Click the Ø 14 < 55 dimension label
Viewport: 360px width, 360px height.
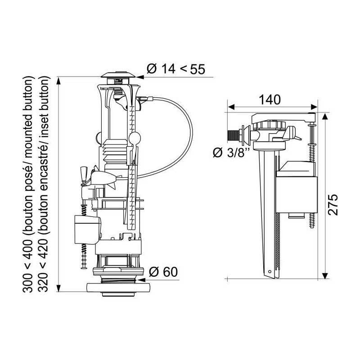point(175,69)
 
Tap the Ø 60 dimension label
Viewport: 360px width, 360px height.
point(163,272)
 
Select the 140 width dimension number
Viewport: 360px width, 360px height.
point(270,100)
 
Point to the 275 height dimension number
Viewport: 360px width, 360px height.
point(333,205)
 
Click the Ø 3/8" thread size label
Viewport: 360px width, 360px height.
point(231,153)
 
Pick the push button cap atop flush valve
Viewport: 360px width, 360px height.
point(118,75)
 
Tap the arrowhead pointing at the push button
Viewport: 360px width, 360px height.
point(140,77)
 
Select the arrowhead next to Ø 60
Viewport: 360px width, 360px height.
point(142,280)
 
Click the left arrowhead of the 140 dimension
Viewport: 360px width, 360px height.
point(231,107)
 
